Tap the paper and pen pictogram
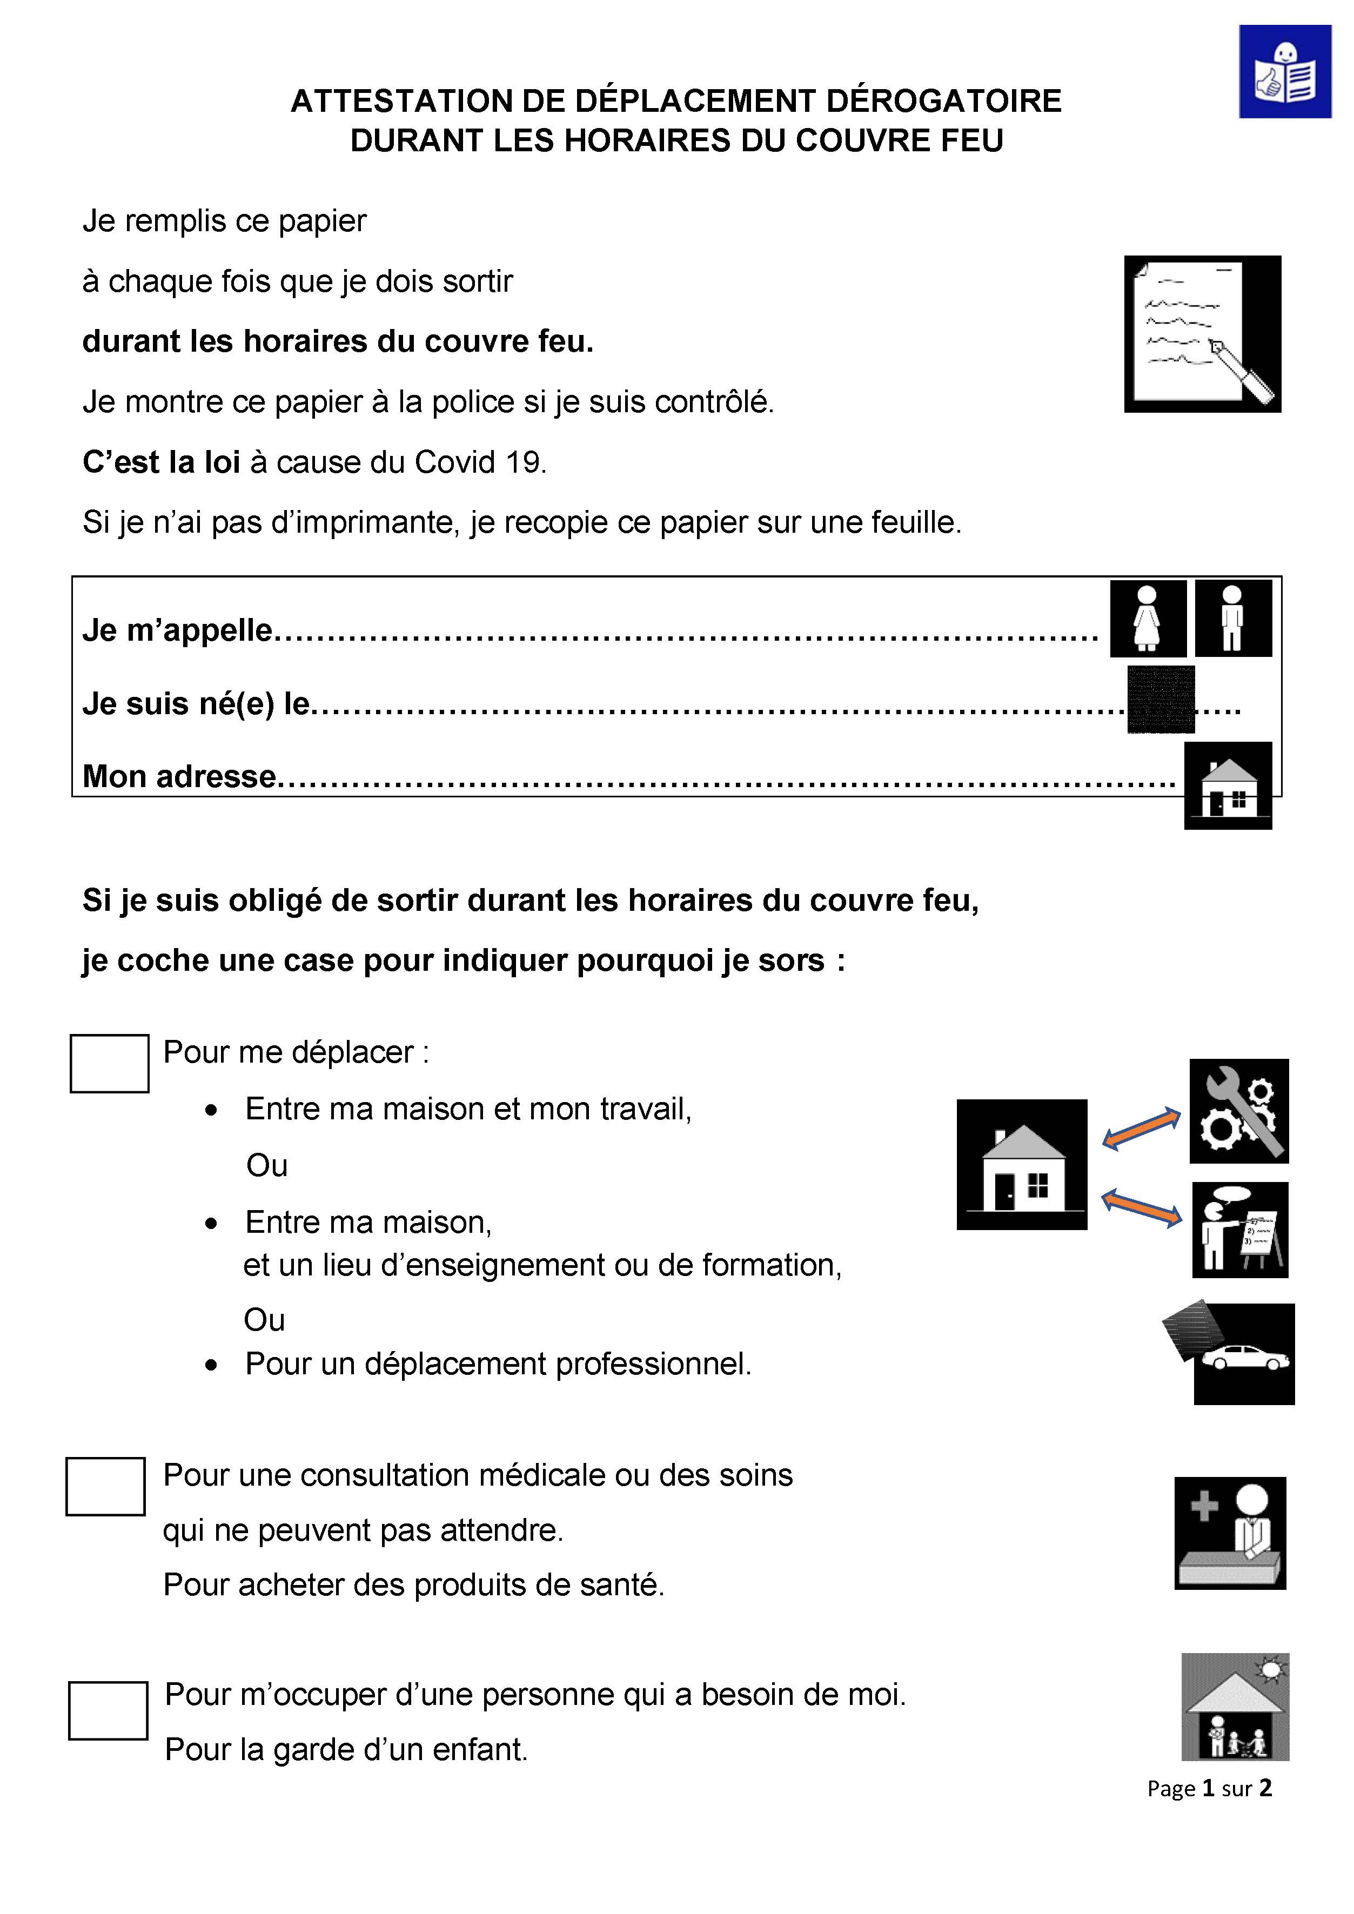1202,333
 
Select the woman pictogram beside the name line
1148,619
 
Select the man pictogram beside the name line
1233,619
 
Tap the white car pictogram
1244,1357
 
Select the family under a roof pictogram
1235,1707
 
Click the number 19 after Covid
524,462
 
